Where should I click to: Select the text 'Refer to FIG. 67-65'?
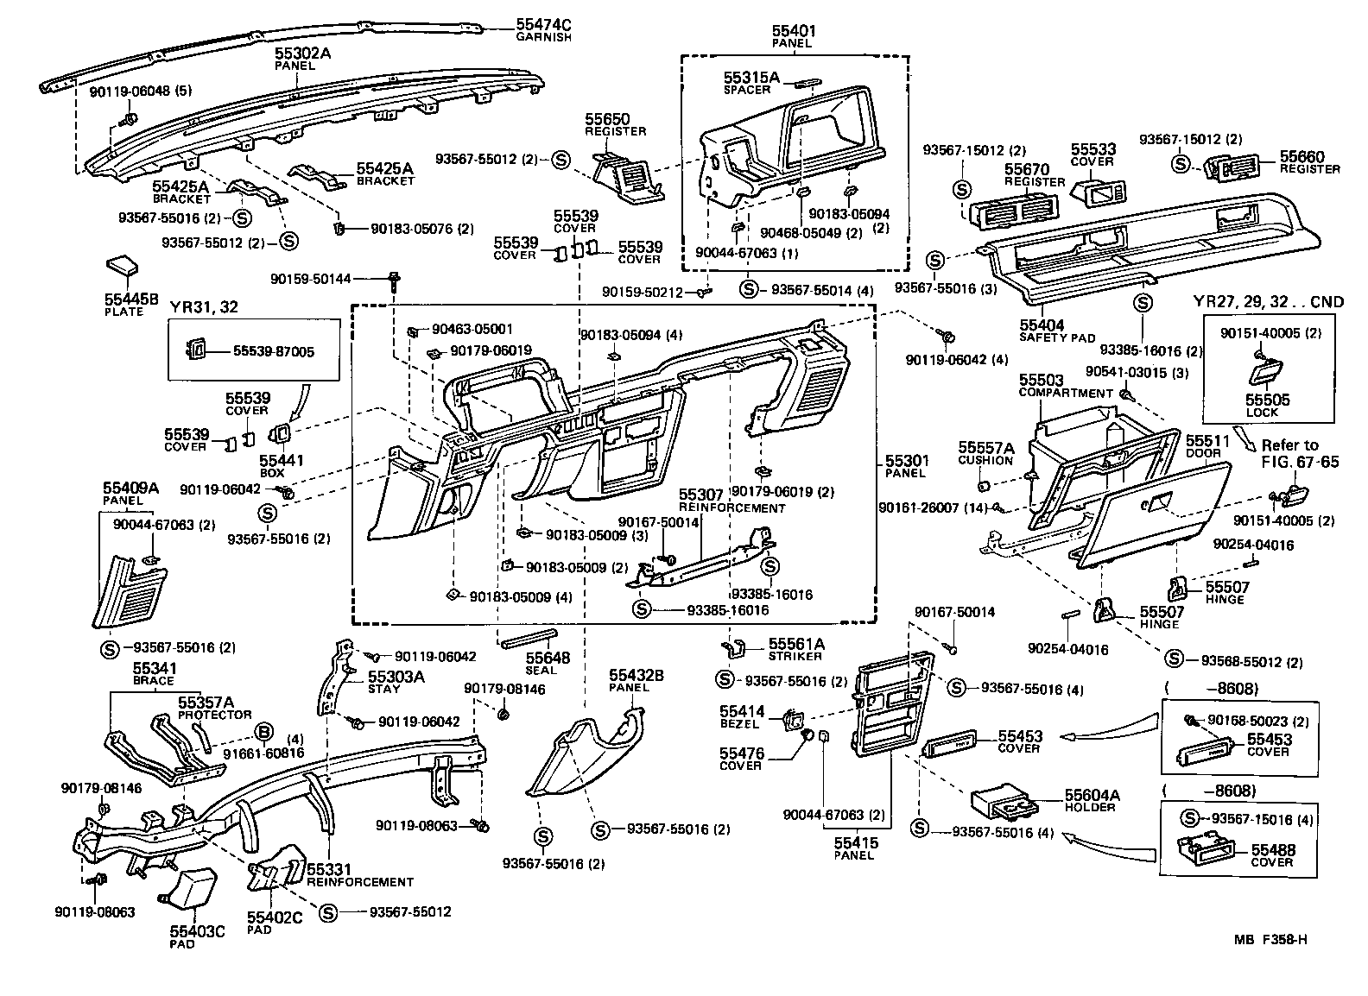click(1300, 453)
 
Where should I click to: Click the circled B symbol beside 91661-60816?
click(264, 733)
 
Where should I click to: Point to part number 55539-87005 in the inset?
click(274, 351)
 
